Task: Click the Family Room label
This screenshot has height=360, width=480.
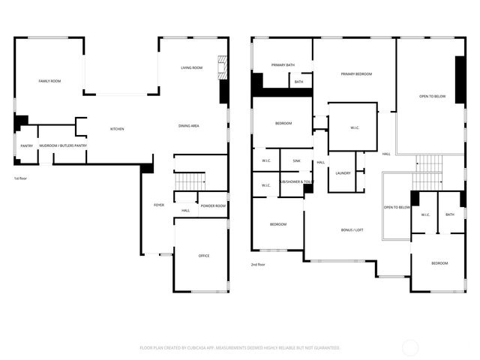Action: click(x=49, y=80)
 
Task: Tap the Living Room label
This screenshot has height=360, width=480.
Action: click(x=191, y=68)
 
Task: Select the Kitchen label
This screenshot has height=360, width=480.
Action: click(x=117, y=129)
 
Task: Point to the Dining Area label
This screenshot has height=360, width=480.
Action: click(x=188, y=126)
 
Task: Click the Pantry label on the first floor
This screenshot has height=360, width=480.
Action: click(x=26, y=146)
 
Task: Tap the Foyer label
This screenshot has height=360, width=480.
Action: click(x=159, y=205)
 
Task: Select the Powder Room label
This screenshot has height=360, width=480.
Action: click(x=213, y=205)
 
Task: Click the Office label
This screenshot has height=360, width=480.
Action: click(x=203, y=256)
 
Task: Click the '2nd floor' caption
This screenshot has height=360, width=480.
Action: click(x=258, y=264)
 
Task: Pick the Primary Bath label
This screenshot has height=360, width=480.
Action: click(x=283, y=65)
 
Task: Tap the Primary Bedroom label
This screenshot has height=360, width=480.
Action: click(x=356, y=74)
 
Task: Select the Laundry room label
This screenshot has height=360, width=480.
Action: click(x=343, y=173)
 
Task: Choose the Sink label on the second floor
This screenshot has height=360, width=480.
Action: click(x=296, y=160)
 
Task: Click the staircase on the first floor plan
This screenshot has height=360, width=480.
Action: click(x=190, y=181)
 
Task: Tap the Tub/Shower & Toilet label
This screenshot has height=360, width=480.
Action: click(x=297, y=182)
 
